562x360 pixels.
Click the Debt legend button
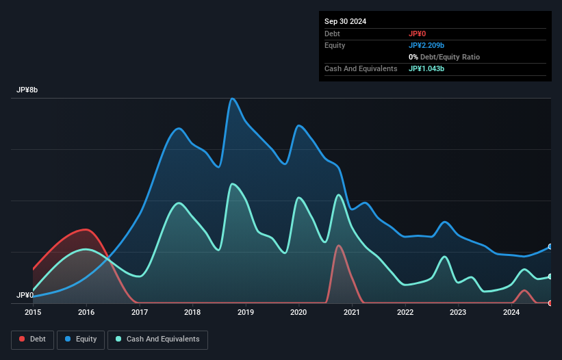[x=31, y=339]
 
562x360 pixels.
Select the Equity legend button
[x=81, y=339]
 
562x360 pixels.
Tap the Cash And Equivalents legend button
[x=157, y=339]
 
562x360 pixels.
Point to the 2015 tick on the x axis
[x=33, y=313]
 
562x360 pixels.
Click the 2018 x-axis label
[x=192, y=313]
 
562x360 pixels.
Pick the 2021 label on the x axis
[x=352, y=313]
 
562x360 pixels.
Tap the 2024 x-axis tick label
[x=511, y=313]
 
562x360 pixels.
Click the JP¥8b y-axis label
[x=28, y=90]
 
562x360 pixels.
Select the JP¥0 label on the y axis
[x=25, y=295]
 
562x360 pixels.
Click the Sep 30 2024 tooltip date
[x=345, y=21]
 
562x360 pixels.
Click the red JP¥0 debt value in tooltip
[x=418, y=34]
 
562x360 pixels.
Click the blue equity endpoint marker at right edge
[x=550, y=246]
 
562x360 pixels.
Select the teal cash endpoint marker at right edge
[x=550, y=277]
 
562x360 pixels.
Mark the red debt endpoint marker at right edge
[x=550, y=303]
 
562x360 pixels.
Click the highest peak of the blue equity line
[x=233, y=99]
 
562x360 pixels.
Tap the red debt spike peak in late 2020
[x=338, y=245]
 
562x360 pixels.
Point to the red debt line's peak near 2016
[x=85, y=229]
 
